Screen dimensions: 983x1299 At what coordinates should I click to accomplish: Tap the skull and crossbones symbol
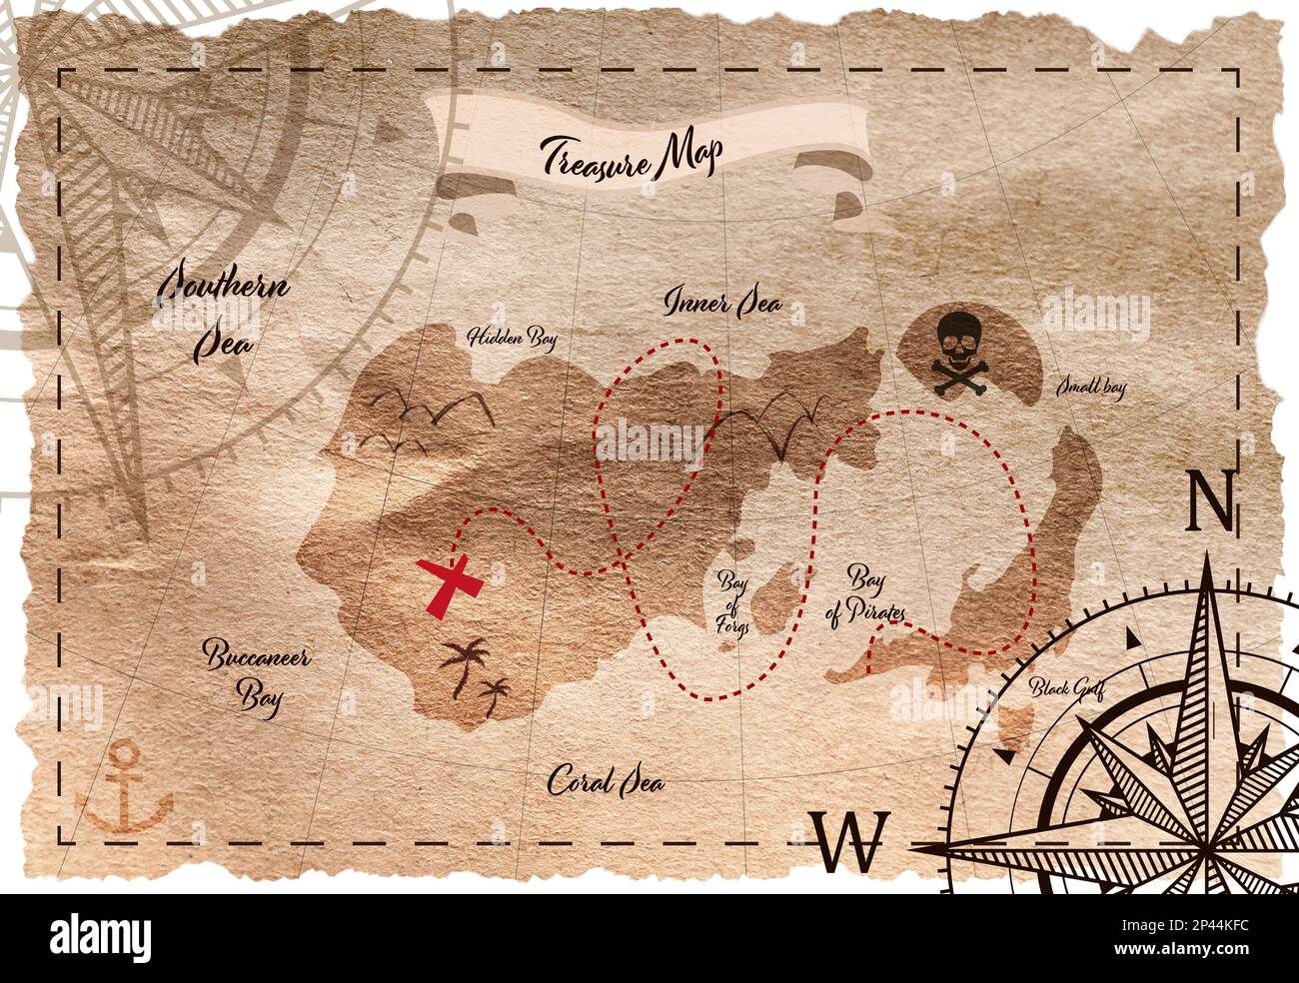tap(955, 350)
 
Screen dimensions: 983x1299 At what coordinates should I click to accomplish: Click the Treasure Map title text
tap(632, 157)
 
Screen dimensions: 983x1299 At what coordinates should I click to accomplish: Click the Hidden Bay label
tap(513, 338)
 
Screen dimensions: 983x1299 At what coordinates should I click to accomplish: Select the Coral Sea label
tap(606, 782)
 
